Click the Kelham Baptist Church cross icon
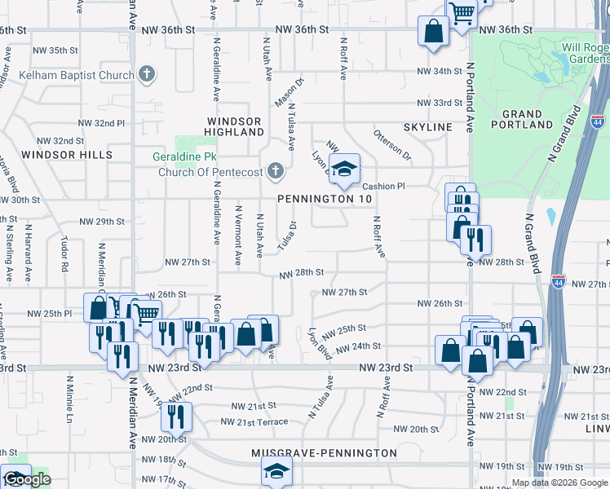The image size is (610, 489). coord(147,76)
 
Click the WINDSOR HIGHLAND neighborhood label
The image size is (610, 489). coord(233,126)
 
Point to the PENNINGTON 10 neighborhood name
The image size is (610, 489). coord(325,199)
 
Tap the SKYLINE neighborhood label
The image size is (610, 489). coord(427,128)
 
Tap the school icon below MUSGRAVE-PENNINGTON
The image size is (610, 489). coord(276,471)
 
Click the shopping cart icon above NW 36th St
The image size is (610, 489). coord(462,14)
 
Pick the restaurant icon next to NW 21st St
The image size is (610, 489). coord(176,416)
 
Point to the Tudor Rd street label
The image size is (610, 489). coord(64,254)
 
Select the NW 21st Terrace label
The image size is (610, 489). coord(254,421)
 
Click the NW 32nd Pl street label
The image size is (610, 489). coord(102,122)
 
